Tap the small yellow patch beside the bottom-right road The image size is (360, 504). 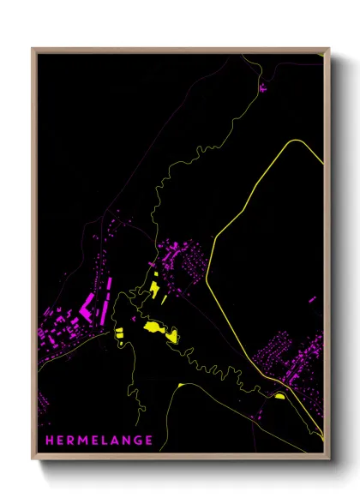(279, 396)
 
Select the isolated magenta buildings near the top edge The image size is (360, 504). (262, 87)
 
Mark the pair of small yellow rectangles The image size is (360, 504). (119, 333)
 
